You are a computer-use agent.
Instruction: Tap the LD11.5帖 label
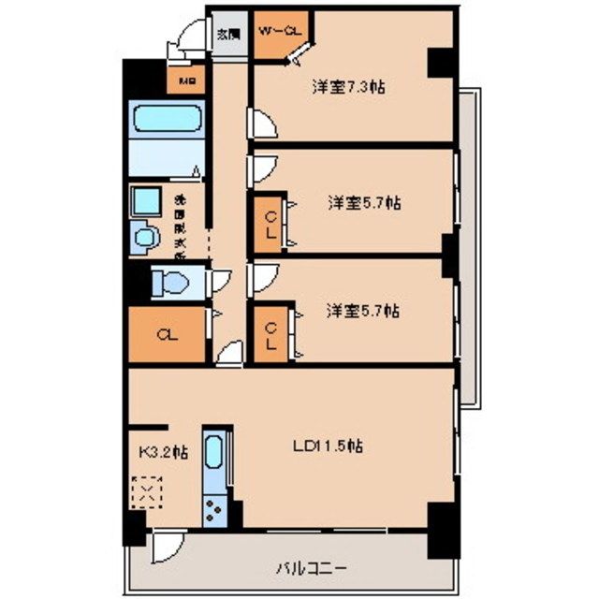click(327, 447)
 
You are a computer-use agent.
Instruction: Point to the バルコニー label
click(311, 567)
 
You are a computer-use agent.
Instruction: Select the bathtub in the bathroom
click(166, 122)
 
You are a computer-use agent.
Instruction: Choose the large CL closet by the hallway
click(166, 334)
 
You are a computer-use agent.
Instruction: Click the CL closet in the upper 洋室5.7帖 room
click(270, 225)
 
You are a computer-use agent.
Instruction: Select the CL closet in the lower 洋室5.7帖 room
click(270, 334)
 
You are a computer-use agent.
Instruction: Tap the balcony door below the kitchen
click(166, 545)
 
